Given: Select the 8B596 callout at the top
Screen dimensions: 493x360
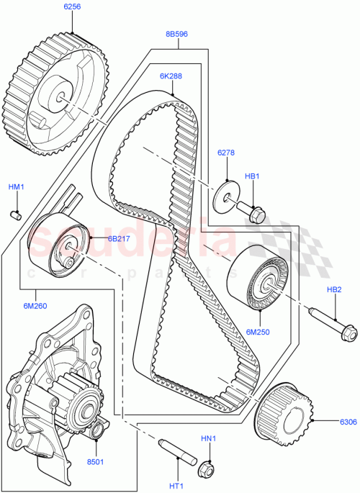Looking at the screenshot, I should pos(178,33).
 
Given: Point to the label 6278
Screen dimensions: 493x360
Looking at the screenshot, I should pos(228,153).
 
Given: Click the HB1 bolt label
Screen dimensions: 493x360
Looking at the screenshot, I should pos(252,176).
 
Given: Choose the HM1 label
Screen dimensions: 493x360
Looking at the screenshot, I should pos(16,187).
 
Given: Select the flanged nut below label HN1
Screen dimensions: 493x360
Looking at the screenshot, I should pos(206,468).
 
